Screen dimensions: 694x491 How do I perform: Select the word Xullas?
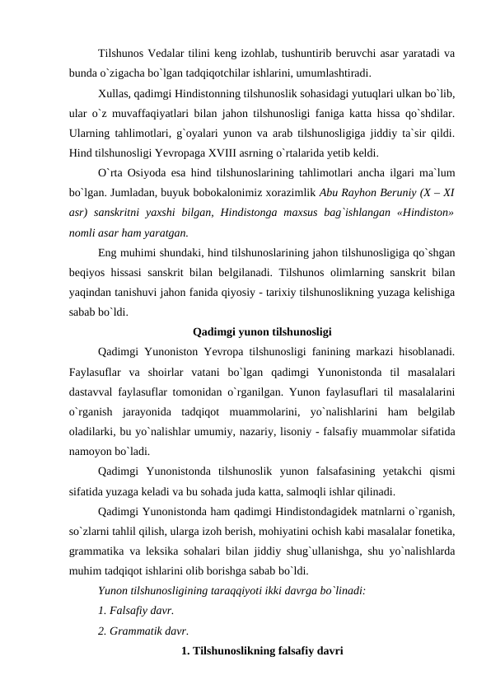pyautogui.click(x=115, y=94)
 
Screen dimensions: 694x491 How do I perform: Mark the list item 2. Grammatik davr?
pyautogui.click(x=143, y=631)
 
